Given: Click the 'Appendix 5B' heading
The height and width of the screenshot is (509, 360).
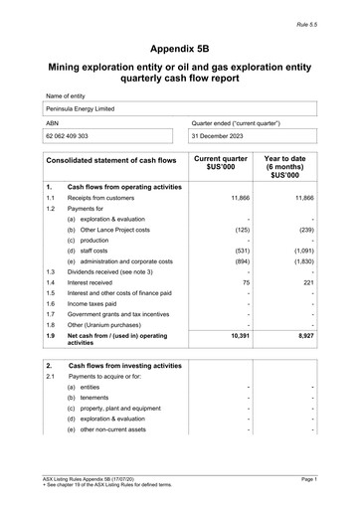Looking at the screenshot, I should pos(179,47).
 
